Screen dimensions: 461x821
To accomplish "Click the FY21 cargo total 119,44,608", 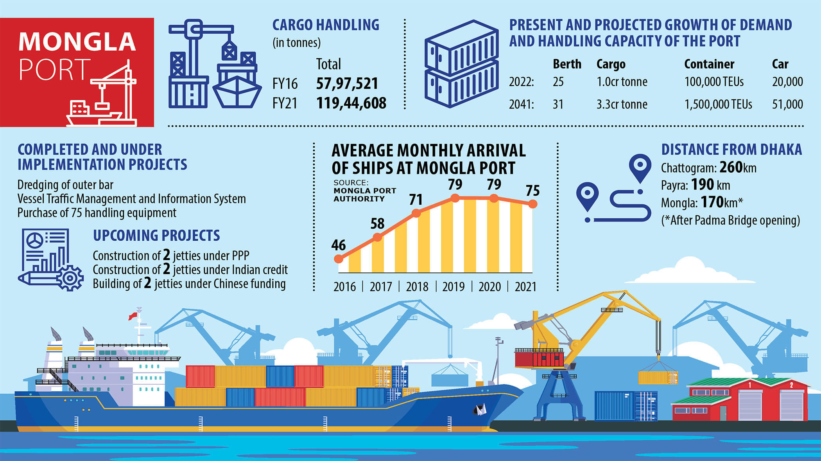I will pos(351,103).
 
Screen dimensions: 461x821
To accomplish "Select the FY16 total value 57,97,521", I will pos(347,84).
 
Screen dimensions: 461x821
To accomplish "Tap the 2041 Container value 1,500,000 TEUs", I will pos(718,104).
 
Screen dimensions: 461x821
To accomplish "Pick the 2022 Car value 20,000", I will pos(787,82).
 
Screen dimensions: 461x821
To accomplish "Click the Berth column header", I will pos(567,64).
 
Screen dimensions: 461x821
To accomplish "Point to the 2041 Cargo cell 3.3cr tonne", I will pos(622,104).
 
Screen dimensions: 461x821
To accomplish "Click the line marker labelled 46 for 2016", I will pos(339,259).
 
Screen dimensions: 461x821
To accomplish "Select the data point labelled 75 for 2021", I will pos(532,204).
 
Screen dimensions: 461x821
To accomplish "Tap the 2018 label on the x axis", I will pos(417,287).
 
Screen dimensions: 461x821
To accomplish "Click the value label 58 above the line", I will pos(377,224).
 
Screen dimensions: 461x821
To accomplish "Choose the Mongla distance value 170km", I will pos(721,202).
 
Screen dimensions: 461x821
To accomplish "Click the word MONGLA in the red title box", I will pos(77,42).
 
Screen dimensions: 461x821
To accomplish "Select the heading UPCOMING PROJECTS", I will pos(156,236).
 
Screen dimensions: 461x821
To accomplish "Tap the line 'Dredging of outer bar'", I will pos(65,185).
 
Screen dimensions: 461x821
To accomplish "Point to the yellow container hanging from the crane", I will pos(658,377).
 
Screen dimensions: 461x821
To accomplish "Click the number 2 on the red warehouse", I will pos(791,385).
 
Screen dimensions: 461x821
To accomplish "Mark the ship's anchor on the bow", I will pos(480,409).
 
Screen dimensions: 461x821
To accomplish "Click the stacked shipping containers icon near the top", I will pos(461,64).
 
